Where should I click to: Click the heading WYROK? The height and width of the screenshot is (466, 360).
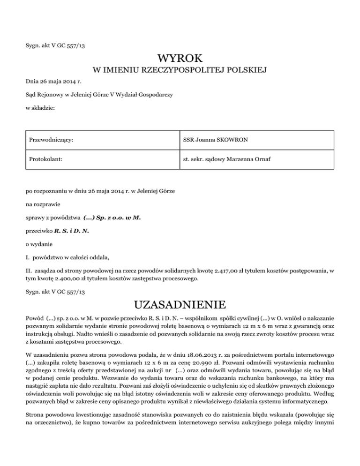tap(180, 59)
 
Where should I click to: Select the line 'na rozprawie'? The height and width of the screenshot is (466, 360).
tap(43, 204)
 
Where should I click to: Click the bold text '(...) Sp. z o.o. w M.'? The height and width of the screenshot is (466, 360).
tap(112, 218)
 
